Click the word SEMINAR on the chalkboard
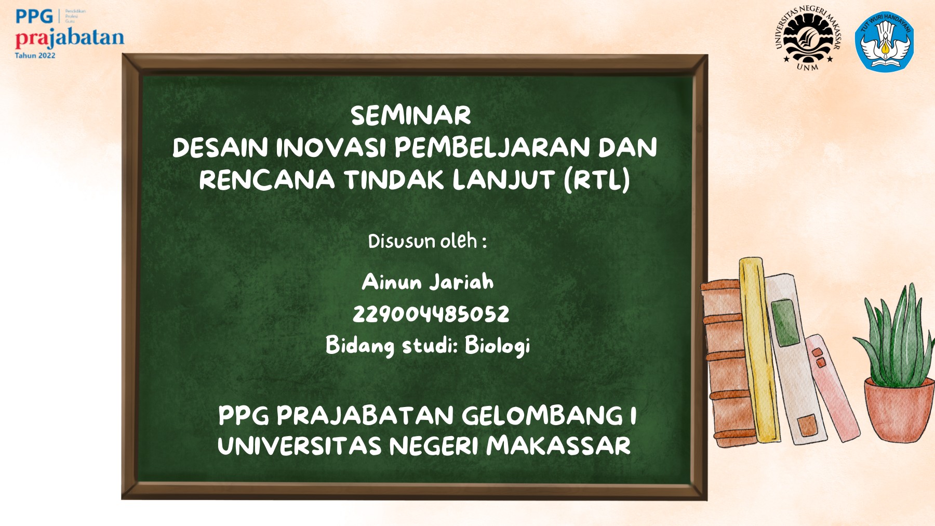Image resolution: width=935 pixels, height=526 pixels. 410,115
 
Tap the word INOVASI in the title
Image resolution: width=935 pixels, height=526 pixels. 330,148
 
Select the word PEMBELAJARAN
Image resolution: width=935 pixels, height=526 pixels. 492,148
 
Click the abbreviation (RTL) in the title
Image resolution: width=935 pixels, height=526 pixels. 597,180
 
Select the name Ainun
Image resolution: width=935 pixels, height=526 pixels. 392,282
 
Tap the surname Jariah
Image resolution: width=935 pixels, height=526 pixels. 461,282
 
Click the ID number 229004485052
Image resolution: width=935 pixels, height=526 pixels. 431,314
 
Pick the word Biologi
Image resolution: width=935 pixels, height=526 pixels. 497,346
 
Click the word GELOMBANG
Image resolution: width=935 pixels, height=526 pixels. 542,416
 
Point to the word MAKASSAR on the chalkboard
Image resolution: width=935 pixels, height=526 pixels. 558,446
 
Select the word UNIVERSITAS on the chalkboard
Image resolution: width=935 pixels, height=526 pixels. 299,446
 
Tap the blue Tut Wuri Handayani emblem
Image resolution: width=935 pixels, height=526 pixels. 885,41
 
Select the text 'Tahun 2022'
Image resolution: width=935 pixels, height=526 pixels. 35,56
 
